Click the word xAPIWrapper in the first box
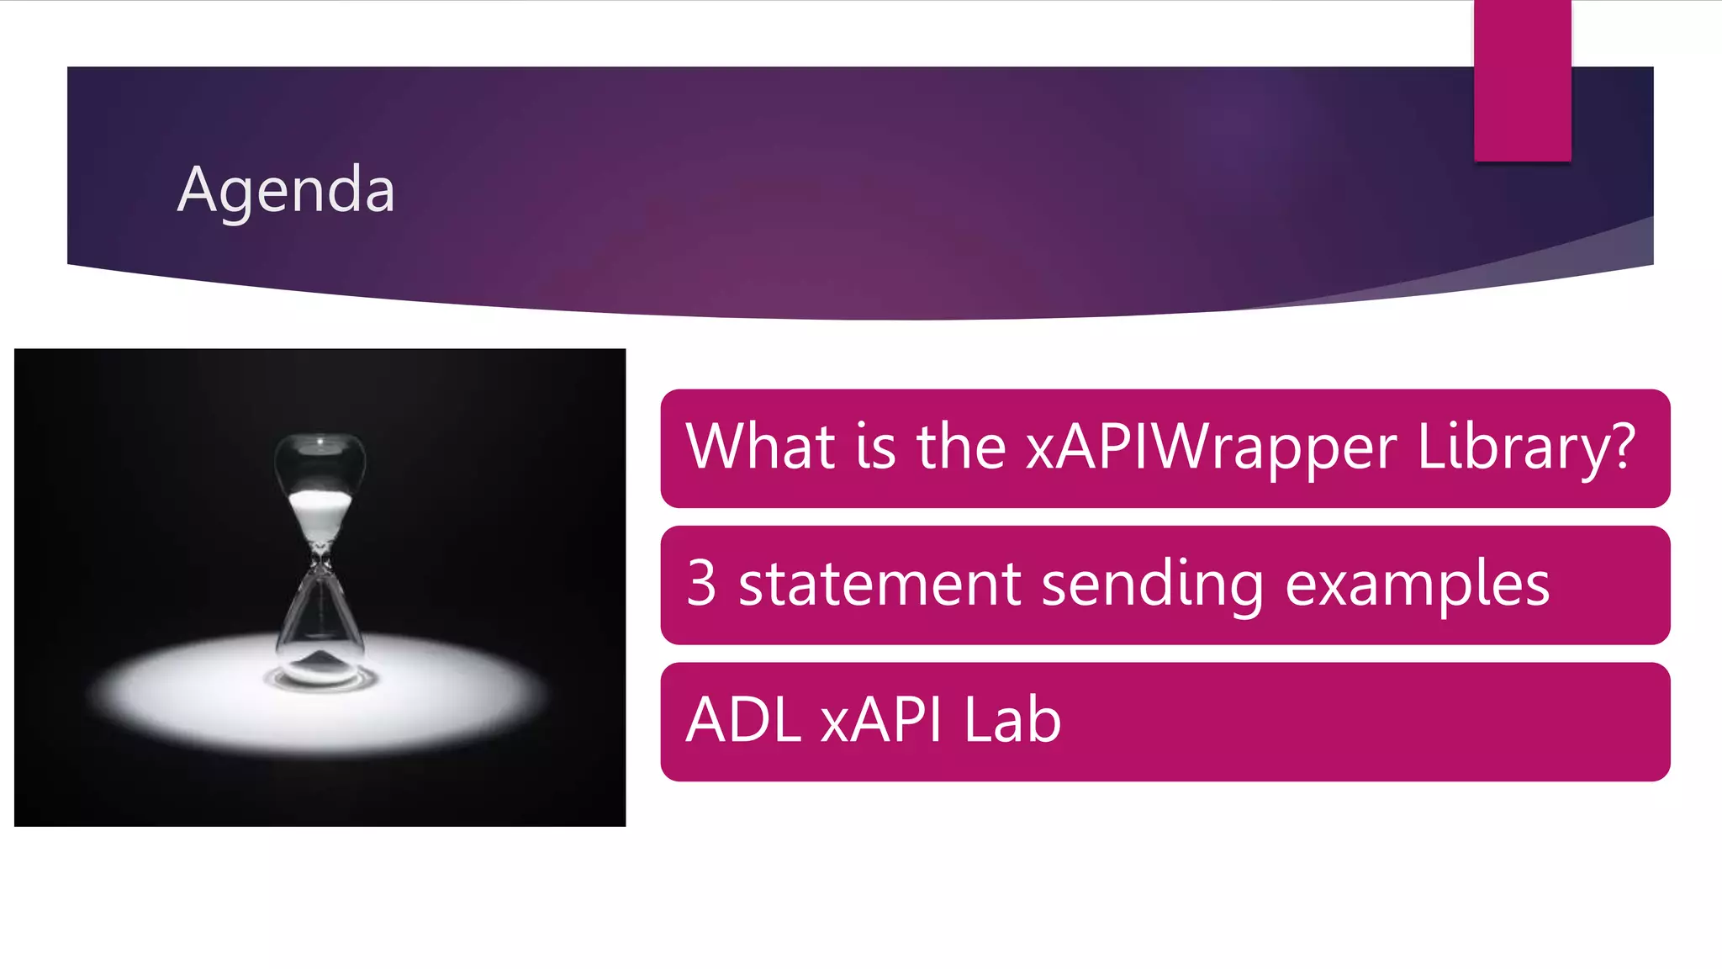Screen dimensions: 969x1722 [x=1211, y=447]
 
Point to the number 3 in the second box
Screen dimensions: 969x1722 [x=701, y=583]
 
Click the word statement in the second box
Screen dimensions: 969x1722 [x=879, y=585]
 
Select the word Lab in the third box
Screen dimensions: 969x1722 [x=1012, y=721]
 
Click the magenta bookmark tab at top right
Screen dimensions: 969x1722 [x=1522, y=80]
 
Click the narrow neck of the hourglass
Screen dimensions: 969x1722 [x=320, y=555]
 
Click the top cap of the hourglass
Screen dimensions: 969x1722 [x=320, y=439]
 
